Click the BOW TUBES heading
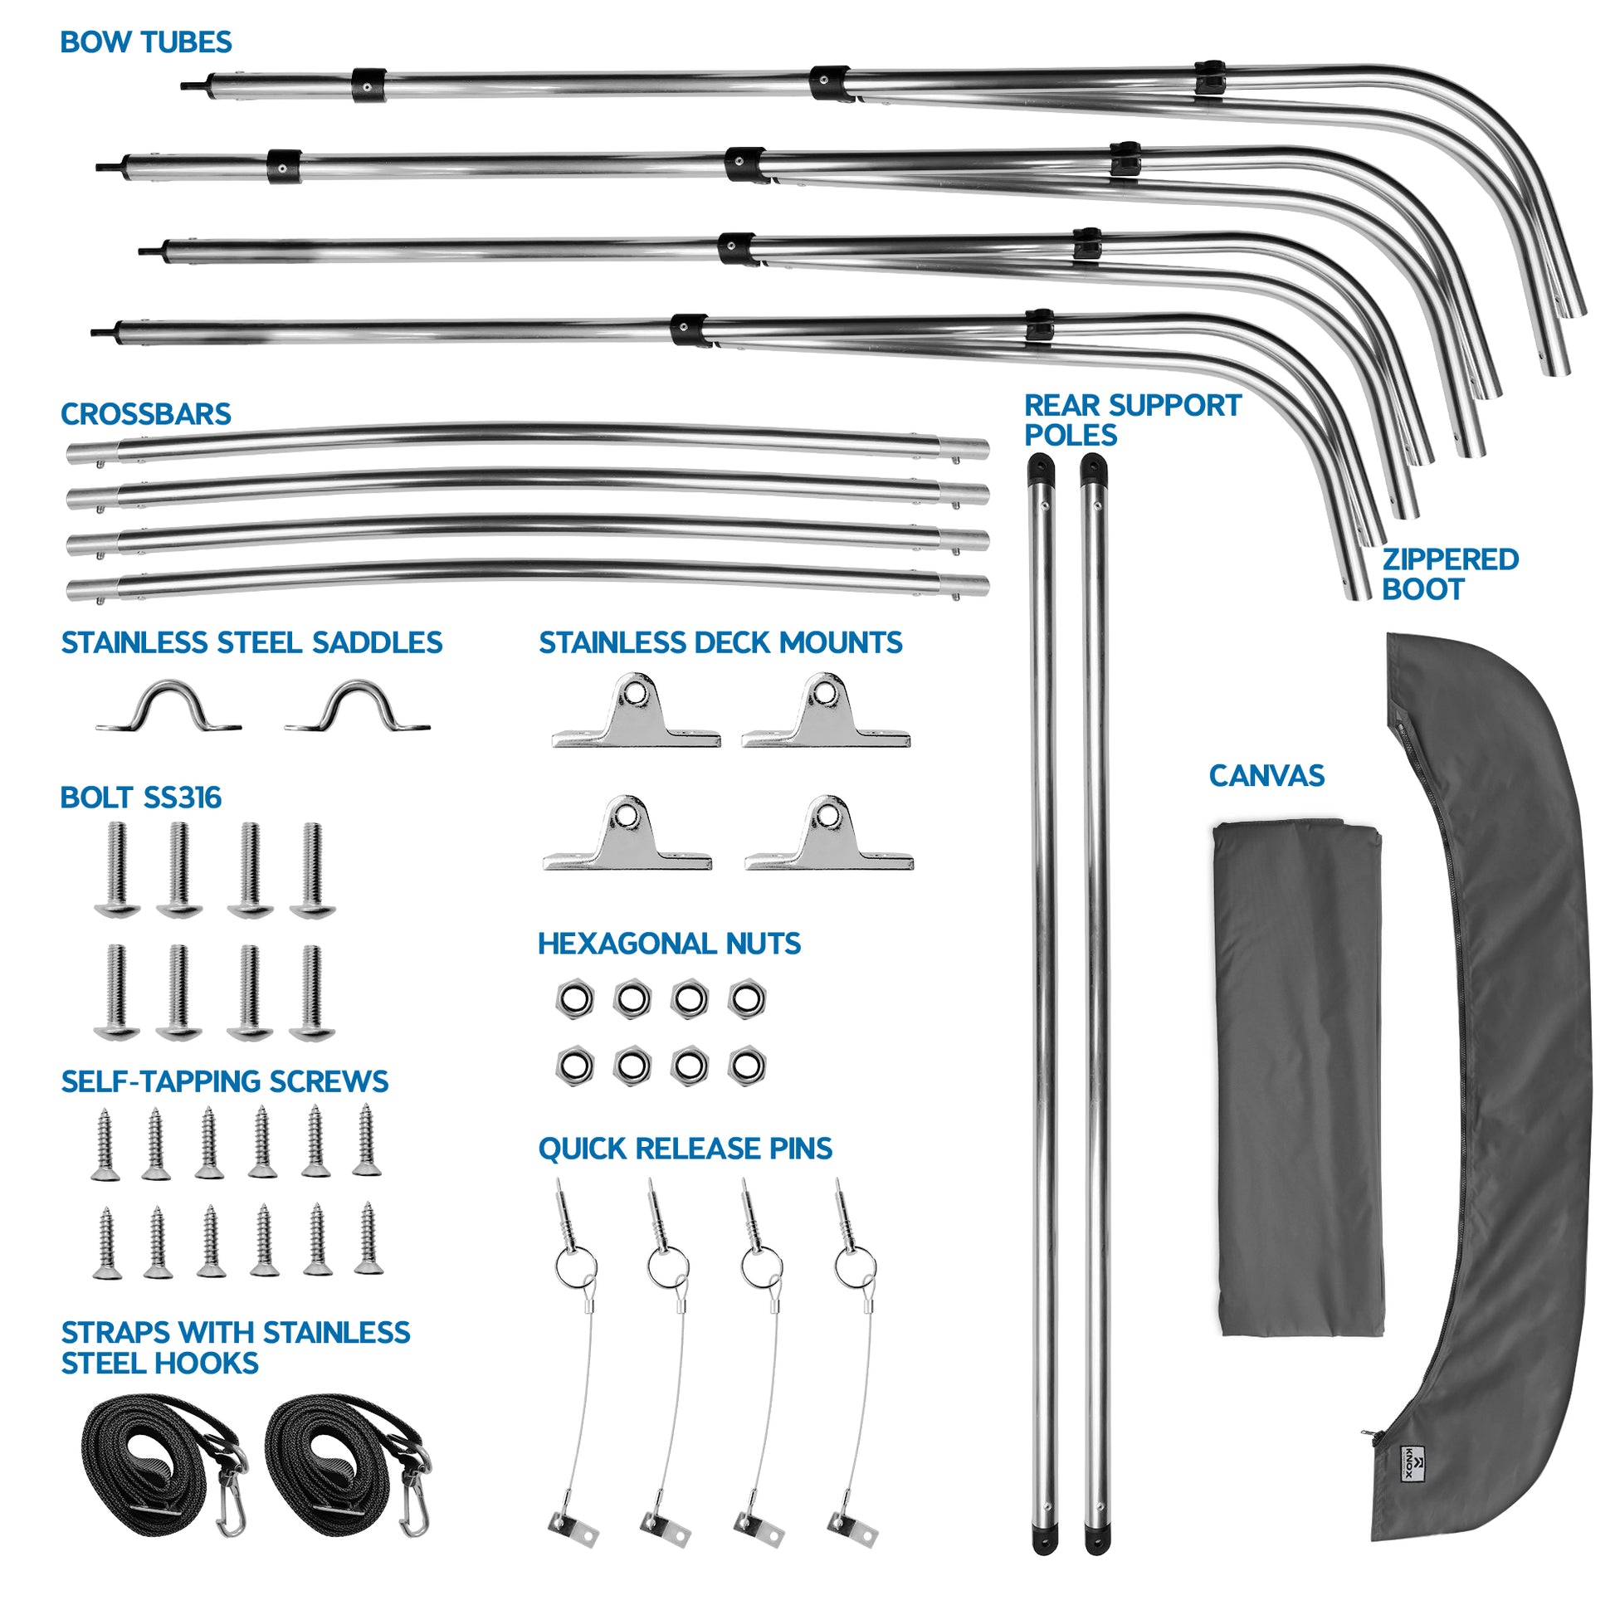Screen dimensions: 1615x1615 coord(146,42)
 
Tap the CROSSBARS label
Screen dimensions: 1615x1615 coord(146,415)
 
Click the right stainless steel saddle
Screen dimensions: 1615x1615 coord(358,707)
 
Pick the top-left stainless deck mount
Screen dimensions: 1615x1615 coord(636,712)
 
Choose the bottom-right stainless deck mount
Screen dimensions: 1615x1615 coord(828,835)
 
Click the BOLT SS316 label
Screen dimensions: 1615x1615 coord(140,798)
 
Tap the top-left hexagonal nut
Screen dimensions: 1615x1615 coord(575,999)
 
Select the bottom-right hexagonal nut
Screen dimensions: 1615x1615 coord(746,1066)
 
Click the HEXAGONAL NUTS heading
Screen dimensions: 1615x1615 coord(669,944)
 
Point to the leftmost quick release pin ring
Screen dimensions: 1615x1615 coord(575,1266)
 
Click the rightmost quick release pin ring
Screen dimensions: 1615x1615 coord(855,1266)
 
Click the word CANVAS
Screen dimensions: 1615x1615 coord(1266,777)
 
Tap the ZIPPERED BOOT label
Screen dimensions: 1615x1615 coord(1450,574)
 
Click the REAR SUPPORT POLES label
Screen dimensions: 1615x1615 coord(1132,421)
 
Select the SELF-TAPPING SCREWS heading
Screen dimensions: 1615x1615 coord(225,1081)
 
